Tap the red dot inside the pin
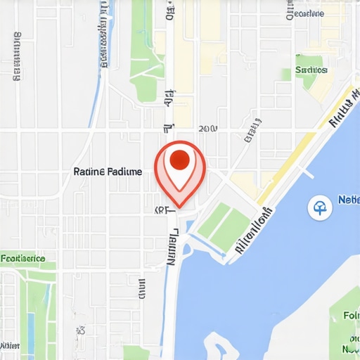180,159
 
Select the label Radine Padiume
108,172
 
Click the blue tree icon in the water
320,207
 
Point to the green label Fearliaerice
23,259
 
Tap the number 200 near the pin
208,129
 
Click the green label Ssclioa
311,70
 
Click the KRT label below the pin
162,210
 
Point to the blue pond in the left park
30,330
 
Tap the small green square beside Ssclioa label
286,73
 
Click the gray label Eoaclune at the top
306,13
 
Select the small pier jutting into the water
307,172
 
